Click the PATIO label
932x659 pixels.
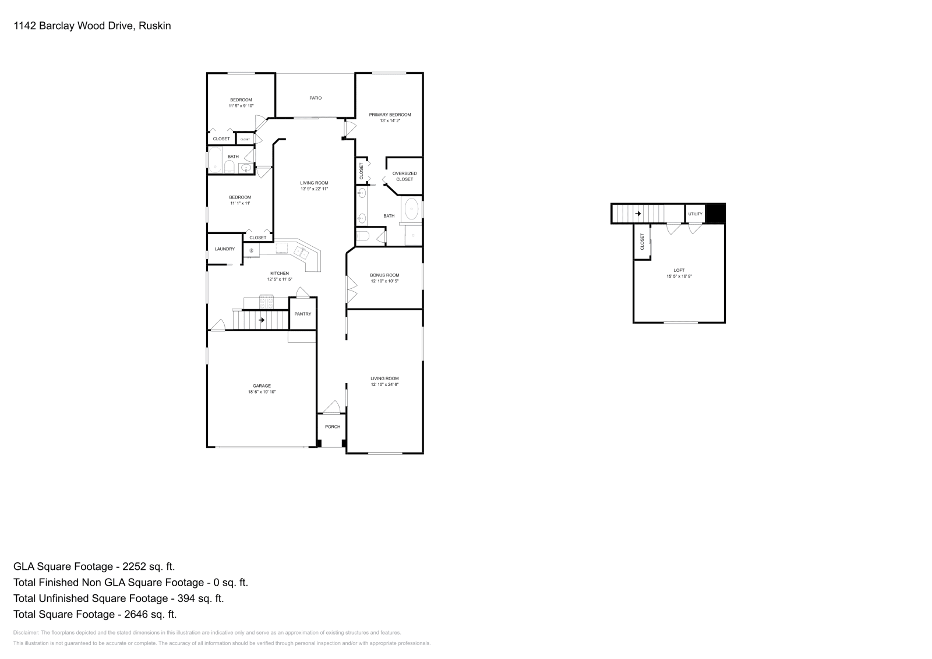tap(315, 98)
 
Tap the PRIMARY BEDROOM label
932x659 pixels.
tap(390, 115)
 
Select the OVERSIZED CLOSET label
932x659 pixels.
tap(404, 176)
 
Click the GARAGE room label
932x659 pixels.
tap(262, 386)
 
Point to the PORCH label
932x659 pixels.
tap(333, 427)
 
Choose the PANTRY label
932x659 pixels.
tap(303, 314)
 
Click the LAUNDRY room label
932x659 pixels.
tap(224, 249)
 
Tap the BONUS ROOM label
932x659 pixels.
tap(384, 275)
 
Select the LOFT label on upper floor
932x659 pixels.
tap(679, 270)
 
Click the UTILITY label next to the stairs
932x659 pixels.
tap(696, 214)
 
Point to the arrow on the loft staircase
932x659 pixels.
tap(638, 214)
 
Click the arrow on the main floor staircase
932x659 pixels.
tap(262, 320)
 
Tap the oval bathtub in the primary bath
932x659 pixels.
tap(412, 208)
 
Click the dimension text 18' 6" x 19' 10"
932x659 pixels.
tap(262, 392)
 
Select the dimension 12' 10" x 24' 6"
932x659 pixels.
tap(384, 385)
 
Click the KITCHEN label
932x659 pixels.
tap(280, 273)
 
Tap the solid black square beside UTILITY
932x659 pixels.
tap(715, 214)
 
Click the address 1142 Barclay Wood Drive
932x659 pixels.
tap(74, 26)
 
